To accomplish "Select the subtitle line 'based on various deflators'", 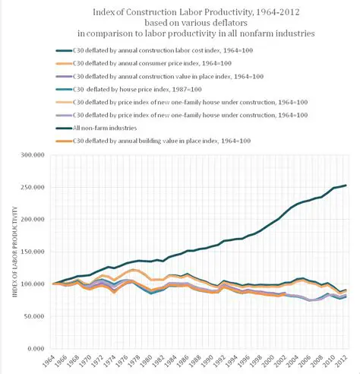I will pos(180,23).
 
